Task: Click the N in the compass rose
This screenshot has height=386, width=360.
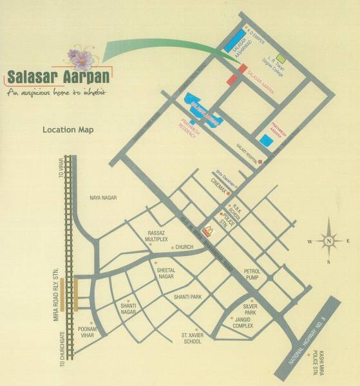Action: pyautogui.click(x=328, y=241)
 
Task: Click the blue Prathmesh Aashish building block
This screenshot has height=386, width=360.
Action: pyautogui.click(x=265, y=141)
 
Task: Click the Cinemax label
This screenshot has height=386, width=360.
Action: pyautogui.click(x=220, y=182)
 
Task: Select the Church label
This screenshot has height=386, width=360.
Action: pyautogui.click(x=184, y=246)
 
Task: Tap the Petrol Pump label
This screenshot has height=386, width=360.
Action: pyautogui.click(x=251, y=275)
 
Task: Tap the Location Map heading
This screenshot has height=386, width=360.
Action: pyautogui.click(x=68, y=129)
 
